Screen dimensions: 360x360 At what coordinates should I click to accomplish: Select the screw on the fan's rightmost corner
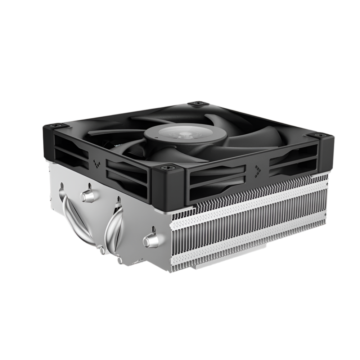(320, 135)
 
